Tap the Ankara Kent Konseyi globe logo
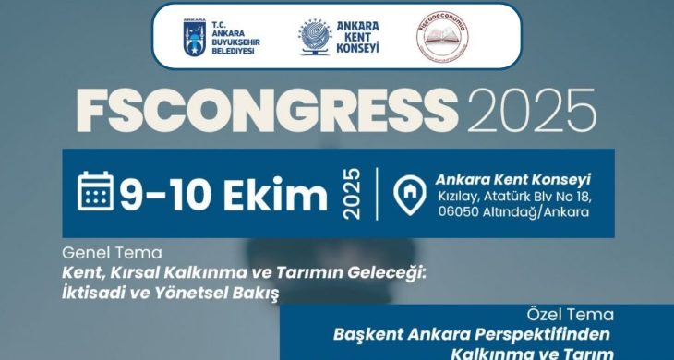pos(315,37)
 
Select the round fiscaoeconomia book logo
pos(442,37)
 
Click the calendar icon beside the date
pos(96,192)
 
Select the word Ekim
pos(281,195)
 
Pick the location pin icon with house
pos(406,194)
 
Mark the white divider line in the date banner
pos(377,193)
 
